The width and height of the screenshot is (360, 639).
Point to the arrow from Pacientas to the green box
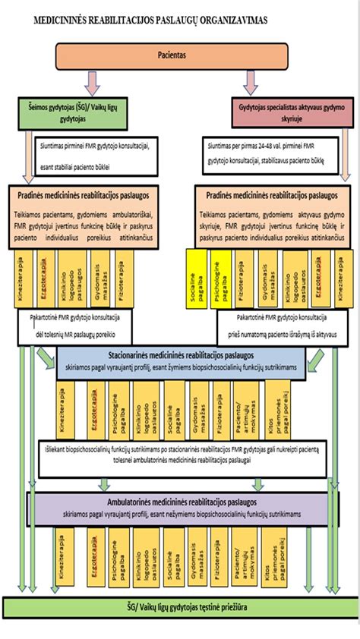click(x=91, y=81)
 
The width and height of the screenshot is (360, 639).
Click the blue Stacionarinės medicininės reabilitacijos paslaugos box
click(x=181, y=358)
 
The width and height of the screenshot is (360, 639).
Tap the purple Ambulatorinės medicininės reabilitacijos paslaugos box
click(x=181, y=506)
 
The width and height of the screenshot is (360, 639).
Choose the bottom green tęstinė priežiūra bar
click(x=179, y=607)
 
